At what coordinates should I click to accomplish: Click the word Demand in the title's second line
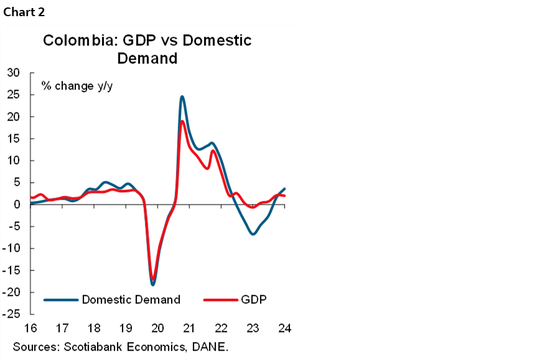(x=147, y=58)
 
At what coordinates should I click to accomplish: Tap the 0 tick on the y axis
(x=17, y=205)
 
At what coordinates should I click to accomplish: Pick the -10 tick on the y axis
(x=12, y=249)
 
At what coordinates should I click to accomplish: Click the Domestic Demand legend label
(x=131, y=300)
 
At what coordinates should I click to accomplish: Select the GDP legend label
(x=253, y=300)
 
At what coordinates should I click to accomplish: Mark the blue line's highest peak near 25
(x=182, y=97)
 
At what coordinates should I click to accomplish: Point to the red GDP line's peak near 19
(x=182, y=121)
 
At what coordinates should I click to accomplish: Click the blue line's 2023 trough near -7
(x=253, y=234)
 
